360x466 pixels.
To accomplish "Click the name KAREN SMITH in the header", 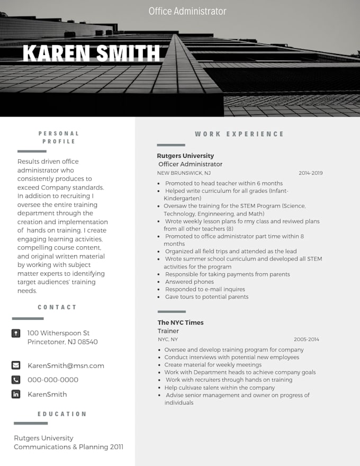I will point(91,53).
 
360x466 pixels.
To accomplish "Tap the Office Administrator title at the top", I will point(187,11).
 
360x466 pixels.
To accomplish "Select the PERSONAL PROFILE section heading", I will point(59,137).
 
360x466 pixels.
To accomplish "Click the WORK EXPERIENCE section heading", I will point(239,134).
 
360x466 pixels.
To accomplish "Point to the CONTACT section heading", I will point(57,307).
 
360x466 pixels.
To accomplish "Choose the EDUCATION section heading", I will point(62,414).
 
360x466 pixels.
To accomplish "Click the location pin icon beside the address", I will point(16,333).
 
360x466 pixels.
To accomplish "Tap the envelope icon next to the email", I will point(16,365).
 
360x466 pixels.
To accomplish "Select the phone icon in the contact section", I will point(16,380).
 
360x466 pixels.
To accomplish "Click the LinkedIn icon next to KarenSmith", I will point(16,394).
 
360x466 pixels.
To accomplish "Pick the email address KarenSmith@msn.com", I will point(66,365).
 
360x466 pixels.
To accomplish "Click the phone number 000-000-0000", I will point(53,380).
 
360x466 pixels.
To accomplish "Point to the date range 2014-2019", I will point(310,173).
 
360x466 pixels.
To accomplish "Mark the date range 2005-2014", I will point(307,339).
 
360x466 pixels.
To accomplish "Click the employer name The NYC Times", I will point(180,322).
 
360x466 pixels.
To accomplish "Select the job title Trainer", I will point(168,331).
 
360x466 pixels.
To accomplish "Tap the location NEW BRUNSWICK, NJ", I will point(184,173).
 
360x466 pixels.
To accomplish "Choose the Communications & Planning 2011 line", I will point(68,447).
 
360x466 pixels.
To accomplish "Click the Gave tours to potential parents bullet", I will point(206,297).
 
